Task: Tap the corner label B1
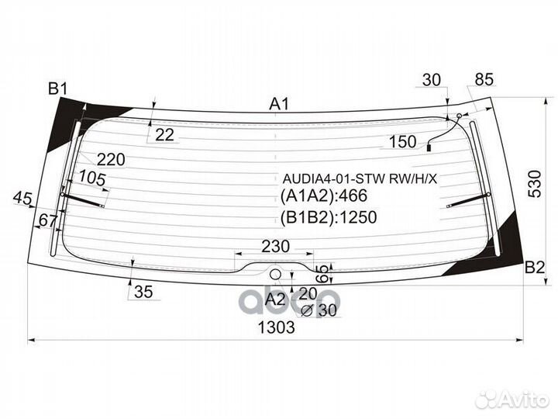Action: [x=58, y=89]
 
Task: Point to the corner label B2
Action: [x=535, y=268]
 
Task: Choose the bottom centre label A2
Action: [x=275, y=299]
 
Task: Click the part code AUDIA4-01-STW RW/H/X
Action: [x=359, y=178]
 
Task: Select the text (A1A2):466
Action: [x=324, y=196]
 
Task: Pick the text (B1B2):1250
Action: [x=329, y=217]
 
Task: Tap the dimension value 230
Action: [x=275, y=247]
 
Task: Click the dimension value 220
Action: [x=111, y=160]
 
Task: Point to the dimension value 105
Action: [x=93, y=178]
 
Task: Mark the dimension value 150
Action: [x=402, y=142]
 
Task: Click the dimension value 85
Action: [x=484, y=79]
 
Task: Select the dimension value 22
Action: [x=164, y=134]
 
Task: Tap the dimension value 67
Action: [x=47, y=221]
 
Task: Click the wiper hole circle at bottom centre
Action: [x=276, y=274]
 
